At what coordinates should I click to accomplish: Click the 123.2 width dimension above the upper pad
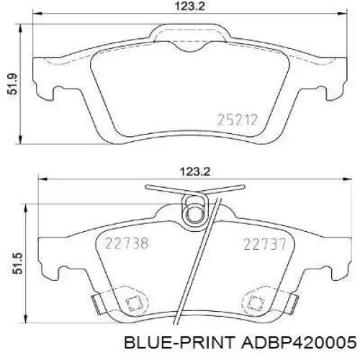pyautogui.click(x=190, y=6)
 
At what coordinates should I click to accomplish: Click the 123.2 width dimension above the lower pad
pyautogui.click(x=195, y=172)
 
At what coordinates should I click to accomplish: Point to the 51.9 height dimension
pyautogui.click(x=12, y=84)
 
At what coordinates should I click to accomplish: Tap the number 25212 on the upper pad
pyautogui.click(x=238, y=120)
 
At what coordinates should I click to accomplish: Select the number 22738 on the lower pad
pyautogui.click(x=127, y=243)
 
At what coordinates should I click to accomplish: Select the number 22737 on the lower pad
pyautogui.click(x=265, y=244)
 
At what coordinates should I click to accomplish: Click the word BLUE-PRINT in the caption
pyautogui.click(x=179, y=342)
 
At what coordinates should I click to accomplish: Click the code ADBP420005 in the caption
pyautogui.click(x=299, y=342)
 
